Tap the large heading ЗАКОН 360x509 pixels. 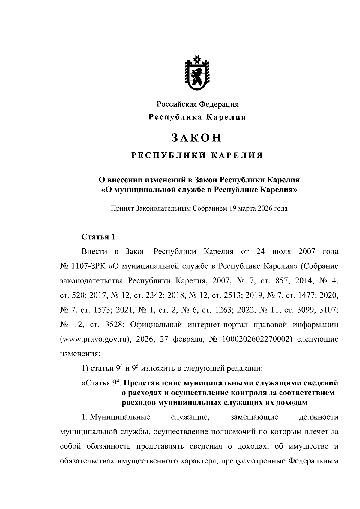click(x=197, y=137)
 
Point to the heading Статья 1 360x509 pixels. click(x=98, y=237)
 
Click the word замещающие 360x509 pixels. click(x=254, y=417)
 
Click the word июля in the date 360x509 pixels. click(x=281, y=251)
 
